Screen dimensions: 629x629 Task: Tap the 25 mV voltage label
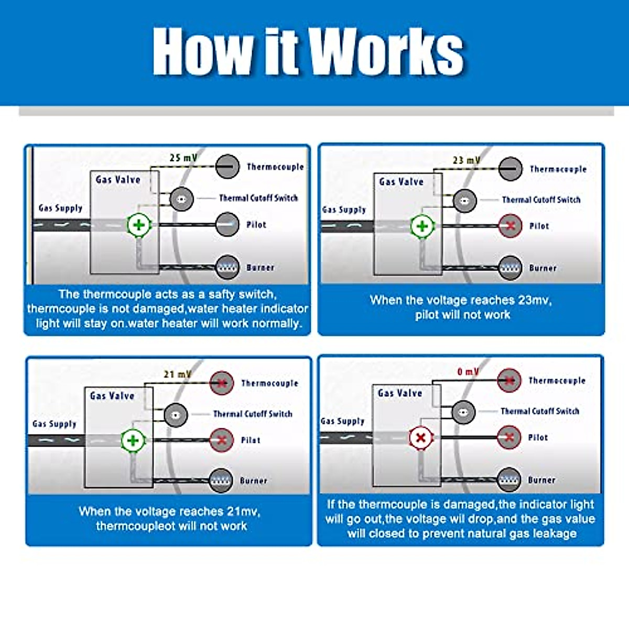click(183, 157)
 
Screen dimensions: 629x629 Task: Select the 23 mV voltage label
click(466, 160)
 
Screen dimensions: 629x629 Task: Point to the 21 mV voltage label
click(177, 374)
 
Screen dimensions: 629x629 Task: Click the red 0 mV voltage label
click(468, 372)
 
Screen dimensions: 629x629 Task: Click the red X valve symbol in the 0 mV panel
click(420, 438)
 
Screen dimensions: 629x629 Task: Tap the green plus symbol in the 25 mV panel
click(139, 225)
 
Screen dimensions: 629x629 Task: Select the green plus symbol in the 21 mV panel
click(133, 440)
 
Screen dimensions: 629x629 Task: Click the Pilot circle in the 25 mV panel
click(227, 224)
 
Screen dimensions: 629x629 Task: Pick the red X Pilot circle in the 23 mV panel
click(510, 226)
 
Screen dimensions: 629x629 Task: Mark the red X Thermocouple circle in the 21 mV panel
click(222, 383)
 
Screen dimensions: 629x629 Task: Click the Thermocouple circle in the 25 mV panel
click(227, 167)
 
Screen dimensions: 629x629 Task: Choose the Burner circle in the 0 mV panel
click(509, 480)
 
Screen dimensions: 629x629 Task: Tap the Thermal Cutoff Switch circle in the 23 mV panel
click(464, 200)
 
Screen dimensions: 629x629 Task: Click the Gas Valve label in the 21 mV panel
click(112, 396)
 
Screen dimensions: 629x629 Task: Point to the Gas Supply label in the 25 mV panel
click(60, 208)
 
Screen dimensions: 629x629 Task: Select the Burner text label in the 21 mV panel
click(253, 481)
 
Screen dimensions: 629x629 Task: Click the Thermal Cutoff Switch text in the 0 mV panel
click(540, 411)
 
